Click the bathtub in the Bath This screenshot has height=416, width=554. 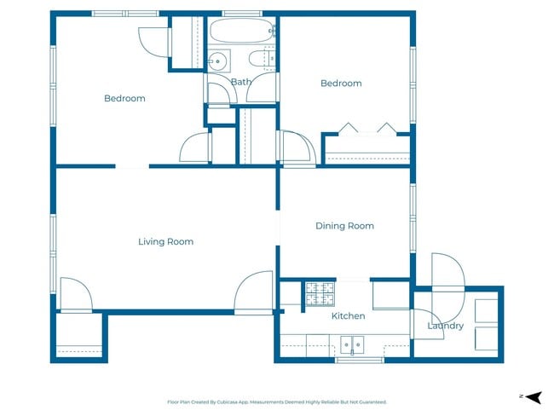pos(241,31)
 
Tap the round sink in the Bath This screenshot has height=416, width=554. pos(217,61)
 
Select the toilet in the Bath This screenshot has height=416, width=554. pos(262,58)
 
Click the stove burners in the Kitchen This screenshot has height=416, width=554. pos(320,294)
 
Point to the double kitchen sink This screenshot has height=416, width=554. pos(352,344)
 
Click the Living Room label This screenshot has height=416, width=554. pos(165,242)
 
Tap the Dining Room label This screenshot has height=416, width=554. pos(344,226)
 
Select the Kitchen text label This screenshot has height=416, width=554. pos(348,316)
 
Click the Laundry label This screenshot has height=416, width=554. pos(446,326)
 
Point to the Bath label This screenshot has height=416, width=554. pos(241,82)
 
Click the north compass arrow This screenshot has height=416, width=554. pos(534,397)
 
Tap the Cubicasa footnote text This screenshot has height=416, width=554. pos(277,402)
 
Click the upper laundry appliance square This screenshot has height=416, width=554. pos(487,310)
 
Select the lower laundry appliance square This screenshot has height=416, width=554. pos(487,338)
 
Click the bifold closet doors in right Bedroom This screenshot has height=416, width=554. pos(367,129)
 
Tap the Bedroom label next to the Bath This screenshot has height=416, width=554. pos(341,84)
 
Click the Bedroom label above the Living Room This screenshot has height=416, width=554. pos(124,98)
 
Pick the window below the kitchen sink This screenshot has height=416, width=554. pos(360,360)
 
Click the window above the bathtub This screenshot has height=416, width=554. pos(242,14)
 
